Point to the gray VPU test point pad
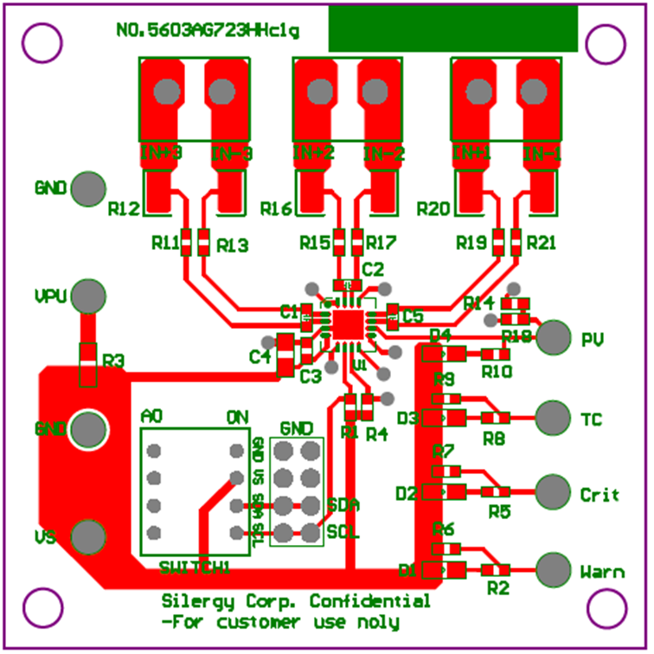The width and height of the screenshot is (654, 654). [x=87, y=296]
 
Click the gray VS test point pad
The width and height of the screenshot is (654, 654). [x=87, y=536]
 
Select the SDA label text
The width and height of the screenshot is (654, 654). [x=343, y=504]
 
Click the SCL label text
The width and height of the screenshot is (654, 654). [x=343, y=530]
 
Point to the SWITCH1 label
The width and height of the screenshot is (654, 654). [x=195, y=567]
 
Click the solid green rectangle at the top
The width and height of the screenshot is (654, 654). [x=452, y=29]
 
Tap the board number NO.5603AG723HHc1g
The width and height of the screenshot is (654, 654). [x=208, y=31]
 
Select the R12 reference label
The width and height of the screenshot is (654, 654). [x=124, y=209]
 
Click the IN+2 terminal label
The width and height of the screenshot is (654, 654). [x=313, y=153]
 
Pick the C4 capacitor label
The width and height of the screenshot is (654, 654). [x=260, y=356]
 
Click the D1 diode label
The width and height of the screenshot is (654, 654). [x=408, y=570]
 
